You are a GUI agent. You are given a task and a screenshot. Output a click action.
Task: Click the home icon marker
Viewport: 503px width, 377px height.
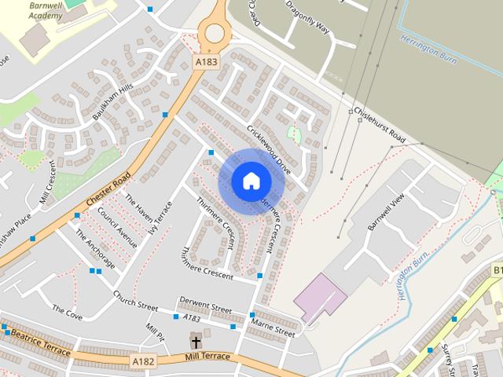[251, 181]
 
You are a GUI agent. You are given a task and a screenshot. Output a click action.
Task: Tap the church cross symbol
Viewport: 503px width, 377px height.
[196, 341]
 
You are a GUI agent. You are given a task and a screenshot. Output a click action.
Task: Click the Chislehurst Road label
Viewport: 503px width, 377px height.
[379, 126]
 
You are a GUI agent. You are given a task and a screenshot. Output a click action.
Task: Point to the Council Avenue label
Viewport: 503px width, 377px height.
[118, 229]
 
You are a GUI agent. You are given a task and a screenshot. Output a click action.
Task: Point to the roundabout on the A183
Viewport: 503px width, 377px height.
[214, 33]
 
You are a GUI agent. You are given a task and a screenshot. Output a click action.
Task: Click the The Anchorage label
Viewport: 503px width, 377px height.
[95, 249]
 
